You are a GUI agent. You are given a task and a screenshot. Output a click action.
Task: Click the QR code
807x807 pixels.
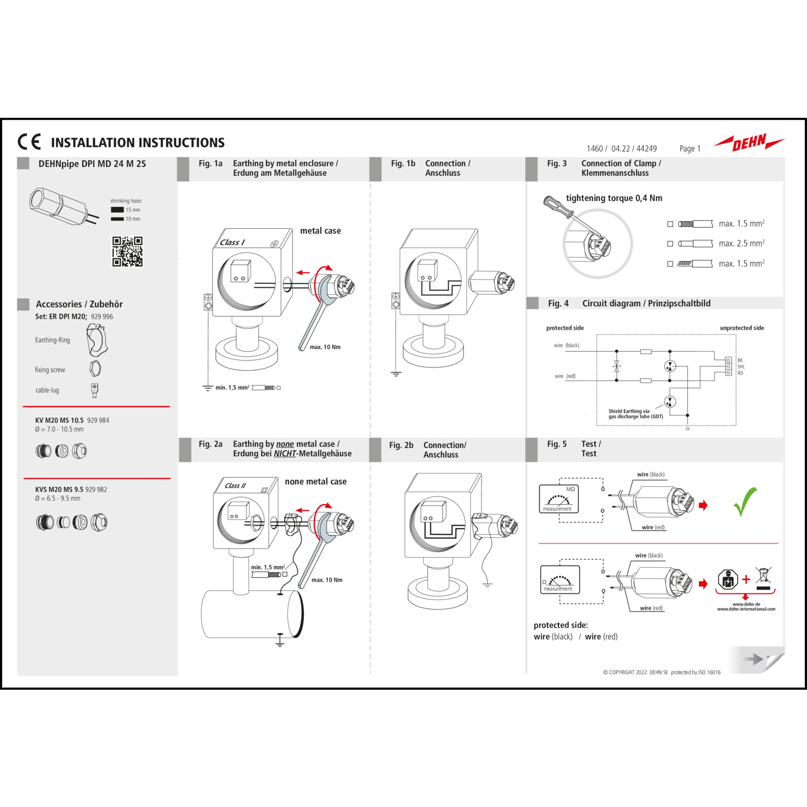[x=128, y=251]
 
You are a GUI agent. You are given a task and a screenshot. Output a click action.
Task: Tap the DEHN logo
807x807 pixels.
[x=749, y=143]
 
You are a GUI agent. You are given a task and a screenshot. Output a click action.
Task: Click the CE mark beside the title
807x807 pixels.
[x=29, y=141]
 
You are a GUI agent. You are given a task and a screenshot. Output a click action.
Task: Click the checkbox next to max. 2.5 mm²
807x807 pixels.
[x=670, y=244]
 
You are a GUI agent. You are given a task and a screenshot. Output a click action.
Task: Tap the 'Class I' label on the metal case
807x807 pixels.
[x=232, y=243]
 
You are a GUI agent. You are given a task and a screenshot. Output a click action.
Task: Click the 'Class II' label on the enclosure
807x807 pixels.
[x=235, y=486]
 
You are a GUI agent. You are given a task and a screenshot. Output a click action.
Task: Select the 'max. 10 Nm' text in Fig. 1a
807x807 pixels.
[x=325, y=347]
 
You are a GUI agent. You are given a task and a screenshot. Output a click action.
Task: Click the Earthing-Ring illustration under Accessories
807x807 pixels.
[x=97, y=341]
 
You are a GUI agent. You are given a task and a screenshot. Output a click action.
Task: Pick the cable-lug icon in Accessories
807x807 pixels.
[x=95, y=390]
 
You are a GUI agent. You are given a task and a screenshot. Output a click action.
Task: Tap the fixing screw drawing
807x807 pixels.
[x=95, y=369]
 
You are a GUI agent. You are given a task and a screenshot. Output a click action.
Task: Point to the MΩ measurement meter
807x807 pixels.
[x=558, y=499]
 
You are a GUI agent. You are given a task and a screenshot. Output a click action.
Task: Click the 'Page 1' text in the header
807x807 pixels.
[x=690, y=149]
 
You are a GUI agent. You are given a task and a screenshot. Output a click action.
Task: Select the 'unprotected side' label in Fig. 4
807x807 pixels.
[x=742, y=328]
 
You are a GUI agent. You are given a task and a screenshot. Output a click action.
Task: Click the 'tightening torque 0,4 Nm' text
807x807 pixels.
[x=614, y=199]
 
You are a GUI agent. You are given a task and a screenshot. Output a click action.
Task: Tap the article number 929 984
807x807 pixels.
[x=98, y=421]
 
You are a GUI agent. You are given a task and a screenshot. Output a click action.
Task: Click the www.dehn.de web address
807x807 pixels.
[x=746, y=604]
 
